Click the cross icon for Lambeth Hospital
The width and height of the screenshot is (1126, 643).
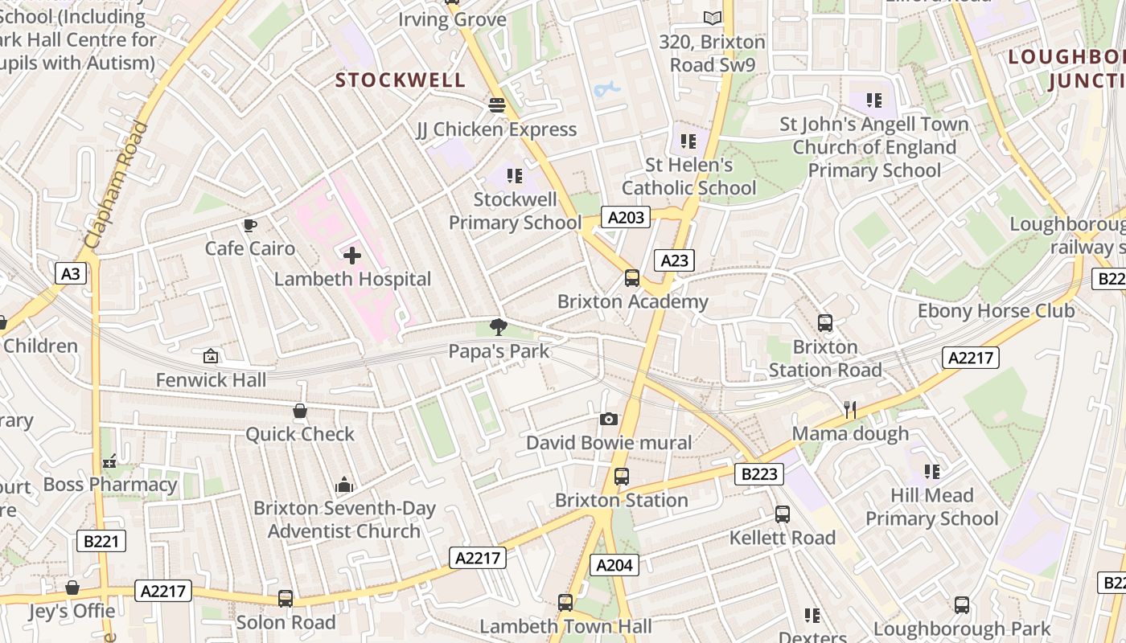pyautogui.click(x=352, y=256)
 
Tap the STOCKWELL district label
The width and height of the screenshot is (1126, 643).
pyautogui.click(x=400, y=80)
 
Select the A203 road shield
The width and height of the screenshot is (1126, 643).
pyautogui.click(x=626, y=217)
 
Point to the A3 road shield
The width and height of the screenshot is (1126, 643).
pyautogui.click(x=71, y=274)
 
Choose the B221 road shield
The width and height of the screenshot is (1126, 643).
pyautogui.click(x=101, y=541)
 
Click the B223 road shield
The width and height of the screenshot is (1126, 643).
pyautogui.click(x=758, y=474)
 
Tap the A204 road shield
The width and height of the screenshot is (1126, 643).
pyautogui.click(x=614, y=565)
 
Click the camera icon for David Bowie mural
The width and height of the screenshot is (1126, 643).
pyautogui.click(x=609, y=419)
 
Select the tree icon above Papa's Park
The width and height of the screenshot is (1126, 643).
pyautogui.click(x=499, y=326)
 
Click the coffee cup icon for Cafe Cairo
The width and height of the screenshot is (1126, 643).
pyautogui.click(x=250, y=225)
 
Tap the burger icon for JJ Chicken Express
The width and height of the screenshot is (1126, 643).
pyautogui.click(x=496, y=105)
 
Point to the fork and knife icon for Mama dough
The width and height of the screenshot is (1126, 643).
pyautogui.click(x=849, y=410)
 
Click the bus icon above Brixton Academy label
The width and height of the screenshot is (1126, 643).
pyautogui.click(x=632, y=278)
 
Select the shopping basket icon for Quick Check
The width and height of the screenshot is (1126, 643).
pyautogui.click(x=300, y=412)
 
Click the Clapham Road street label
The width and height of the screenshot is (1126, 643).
pyautogui.click(x=117, y=185)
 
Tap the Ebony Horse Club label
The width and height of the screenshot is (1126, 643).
pyautogui.click(x=996, y=311)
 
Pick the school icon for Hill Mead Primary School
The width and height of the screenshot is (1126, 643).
pyautogui.click(x=931, y=471)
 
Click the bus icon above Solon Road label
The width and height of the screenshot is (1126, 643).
pyautogui.click(x=285, y=599)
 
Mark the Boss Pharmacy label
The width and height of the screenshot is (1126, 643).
pyautogui.click(x=110, y=485)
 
